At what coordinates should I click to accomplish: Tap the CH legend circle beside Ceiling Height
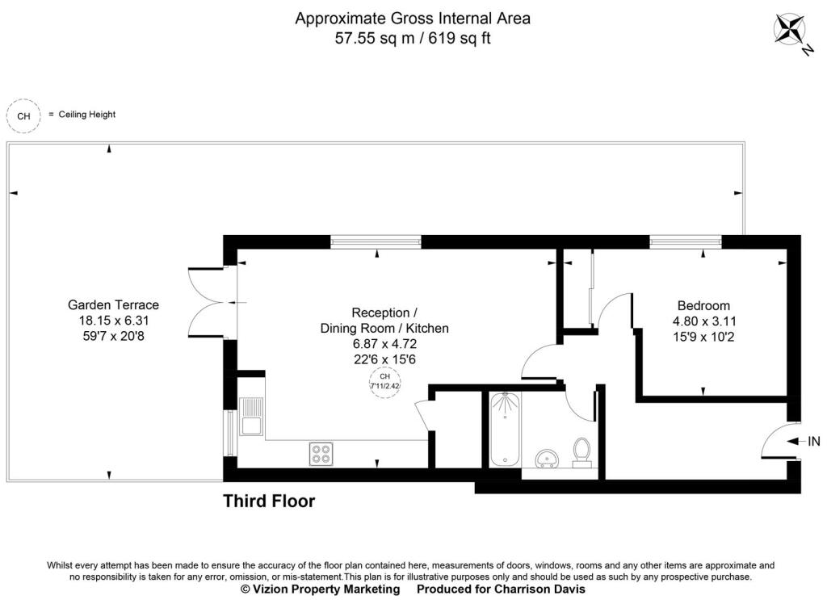[24, 115]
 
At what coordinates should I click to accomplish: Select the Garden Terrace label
[113, 305]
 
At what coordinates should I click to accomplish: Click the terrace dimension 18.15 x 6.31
[113, 320]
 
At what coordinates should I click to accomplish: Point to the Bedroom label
[703, 306]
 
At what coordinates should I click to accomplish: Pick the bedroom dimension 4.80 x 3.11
[703, 321]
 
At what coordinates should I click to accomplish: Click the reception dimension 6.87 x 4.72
[384, 344]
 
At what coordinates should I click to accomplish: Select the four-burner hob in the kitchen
[321, 454]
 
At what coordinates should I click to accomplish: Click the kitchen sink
[250, 416]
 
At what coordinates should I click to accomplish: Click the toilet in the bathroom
[581, 453]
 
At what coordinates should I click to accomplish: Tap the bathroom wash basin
[548, 459]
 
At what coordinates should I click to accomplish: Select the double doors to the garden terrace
[207, 302]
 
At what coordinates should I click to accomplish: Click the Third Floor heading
[269, 501]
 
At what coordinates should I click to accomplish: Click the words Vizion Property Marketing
[327, 590]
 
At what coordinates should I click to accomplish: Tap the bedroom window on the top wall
[686, 241]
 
